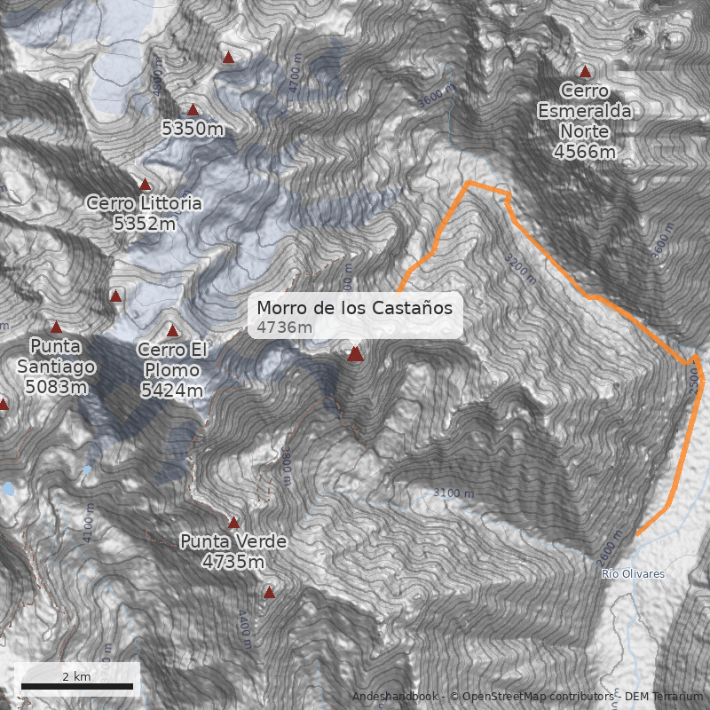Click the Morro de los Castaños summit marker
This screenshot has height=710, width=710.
356,354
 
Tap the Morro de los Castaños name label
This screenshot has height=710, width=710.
355,308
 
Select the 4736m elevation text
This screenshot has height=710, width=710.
284,328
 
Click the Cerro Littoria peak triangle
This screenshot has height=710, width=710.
146,185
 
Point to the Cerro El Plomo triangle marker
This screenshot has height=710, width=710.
173,331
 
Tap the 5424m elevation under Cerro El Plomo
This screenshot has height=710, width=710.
172,390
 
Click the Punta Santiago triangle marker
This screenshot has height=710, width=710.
56,327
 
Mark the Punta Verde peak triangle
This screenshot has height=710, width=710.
234,523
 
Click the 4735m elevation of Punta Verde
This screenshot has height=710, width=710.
233,562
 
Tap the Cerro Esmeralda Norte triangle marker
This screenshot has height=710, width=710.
585,72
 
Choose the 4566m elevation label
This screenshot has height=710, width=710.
585,152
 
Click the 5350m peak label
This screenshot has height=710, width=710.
193,129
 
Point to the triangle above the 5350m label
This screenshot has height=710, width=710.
193,110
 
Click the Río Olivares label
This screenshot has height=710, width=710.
632,574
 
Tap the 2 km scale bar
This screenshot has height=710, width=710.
77,685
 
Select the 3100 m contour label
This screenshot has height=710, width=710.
454,493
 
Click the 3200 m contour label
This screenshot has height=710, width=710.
520,267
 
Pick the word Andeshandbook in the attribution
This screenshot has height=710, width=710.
395,697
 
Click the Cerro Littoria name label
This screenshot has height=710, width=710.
144,203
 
